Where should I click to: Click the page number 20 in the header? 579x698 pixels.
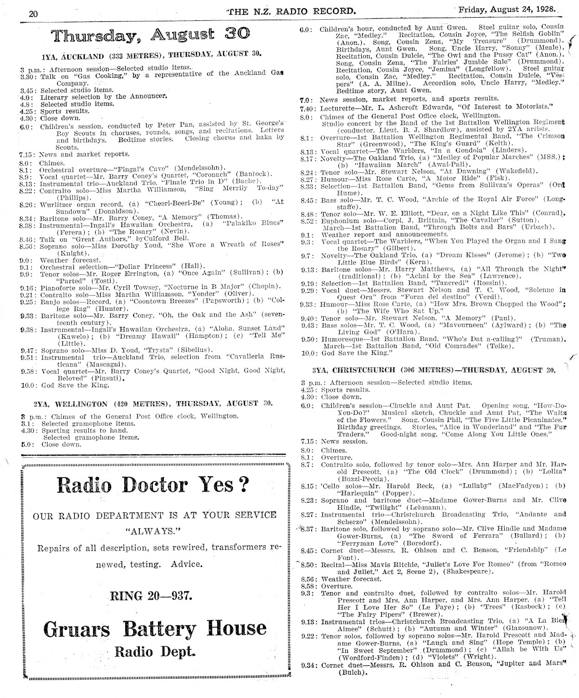[x=33, y=14]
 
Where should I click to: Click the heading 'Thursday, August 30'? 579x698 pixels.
[x=151, y=35]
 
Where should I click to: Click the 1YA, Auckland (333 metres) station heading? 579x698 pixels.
[x=152, y=54]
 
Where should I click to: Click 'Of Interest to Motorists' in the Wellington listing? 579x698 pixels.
[x=502, y=107]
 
